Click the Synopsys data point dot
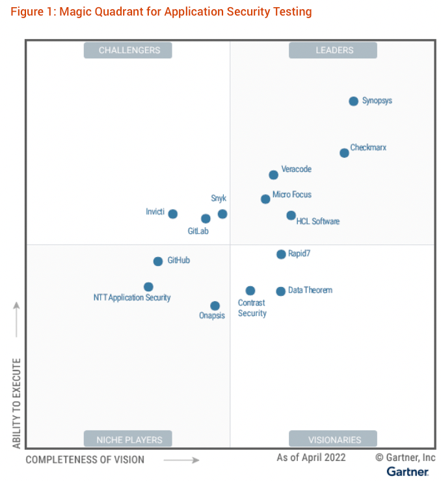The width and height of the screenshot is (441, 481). tap(353, 101)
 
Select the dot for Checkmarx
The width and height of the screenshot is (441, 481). tap(344, 153)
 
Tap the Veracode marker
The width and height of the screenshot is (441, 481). tap(274, 175)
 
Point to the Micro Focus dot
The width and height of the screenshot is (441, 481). tap(265, 199)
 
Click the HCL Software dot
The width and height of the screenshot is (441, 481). tap(291, 216)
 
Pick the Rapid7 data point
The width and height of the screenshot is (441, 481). tap(281, 254)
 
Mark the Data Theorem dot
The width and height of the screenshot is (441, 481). tap(280, 291)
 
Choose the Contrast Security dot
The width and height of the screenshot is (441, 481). tap(250, 291)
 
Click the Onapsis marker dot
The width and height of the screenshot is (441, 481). tap(215, 306)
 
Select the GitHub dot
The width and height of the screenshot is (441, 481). tap(157, 262)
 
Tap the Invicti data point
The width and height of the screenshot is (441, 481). tap(172, 214)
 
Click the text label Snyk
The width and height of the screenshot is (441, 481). tap(219, 198)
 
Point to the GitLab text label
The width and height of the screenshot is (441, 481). tap(198, 231)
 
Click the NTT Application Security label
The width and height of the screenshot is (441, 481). tap(132, 298)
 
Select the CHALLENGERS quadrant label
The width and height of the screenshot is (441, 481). tap(127, 50)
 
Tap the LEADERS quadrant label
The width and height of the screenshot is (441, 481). tap(333, 50)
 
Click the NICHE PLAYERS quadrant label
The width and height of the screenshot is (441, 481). tap(127, 439)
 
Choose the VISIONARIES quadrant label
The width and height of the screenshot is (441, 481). tap(333, 439)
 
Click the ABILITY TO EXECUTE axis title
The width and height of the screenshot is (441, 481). tap(17, 403)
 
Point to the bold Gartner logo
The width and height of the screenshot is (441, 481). tap(408, 471)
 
